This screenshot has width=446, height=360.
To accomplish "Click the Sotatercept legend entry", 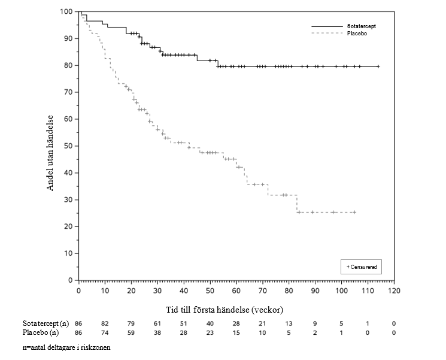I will [x=361, y=26].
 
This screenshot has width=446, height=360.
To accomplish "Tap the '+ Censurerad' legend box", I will [x=361, y=266].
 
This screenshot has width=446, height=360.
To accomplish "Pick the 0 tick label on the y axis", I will [x=70, y=280].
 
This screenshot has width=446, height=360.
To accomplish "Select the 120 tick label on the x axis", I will [x=394, y=291].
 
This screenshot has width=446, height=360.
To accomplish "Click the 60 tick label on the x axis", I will [x=236, y=291].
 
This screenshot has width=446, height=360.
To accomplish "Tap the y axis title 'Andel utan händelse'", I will [x=51, y=153].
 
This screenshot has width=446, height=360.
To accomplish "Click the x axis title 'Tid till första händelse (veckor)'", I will [x=224, y=310].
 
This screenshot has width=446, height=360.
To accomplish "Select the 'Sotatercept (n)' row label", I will [x=46, y=323].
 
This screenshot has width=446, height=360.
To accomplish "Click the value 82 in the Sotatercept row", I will [x=105, y=323].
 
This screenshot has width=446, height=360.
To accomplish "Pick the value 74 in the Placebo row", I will [x=105, y=332].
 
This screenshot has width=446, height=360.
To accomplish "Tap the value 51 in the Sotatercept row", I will [x=184, y=323].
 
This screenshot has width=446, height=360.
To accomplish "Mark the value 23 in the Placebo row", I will [x=210, y=332].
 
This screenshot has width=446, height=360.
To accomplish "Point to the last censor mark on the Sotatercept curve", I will [x=378, y=66].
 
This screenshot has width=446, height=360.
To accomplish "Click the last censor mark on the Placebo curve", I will [x=354, y=212].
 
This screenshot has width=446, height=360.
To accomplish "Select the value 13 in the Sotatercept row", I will [x=289, y=323].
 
